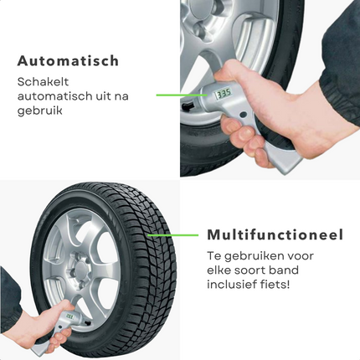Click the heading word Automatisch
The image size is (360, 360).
point(68,60)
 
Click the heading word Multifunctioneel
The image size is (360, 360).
point(275,234)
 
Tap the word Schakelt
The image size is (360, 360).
point(43,82)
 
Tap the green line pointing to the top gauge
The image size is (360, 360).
point(182,95)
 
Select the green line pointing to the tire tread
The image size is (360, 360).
point(173,235)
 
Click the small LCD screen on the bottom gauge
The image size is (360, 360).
point(69,316)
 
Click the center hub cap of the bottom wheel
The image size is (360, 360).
point(82,269)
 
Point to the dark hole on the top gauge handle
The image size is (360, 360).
point(244,114)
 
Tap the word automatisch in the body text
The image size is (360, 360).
point(50,96)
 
